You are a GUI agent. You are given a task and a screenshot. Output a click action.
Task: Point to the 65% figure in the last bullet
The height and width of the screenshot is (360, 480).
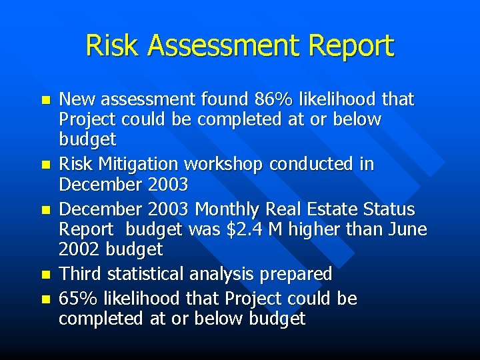click(x=75, y=298)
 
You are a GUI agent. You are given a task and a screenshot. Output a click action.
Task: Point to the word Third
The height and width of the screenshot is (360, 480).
click(x=79, y=274)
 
